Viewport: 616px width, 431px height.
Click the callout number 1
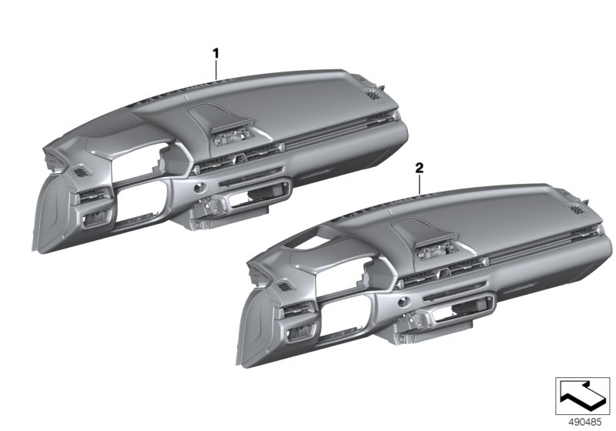point(216,53)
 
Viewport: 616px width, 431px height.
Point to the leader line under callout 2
point(418,182)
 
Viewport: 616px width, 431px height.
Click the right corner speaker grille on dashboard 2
point(575,210)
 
